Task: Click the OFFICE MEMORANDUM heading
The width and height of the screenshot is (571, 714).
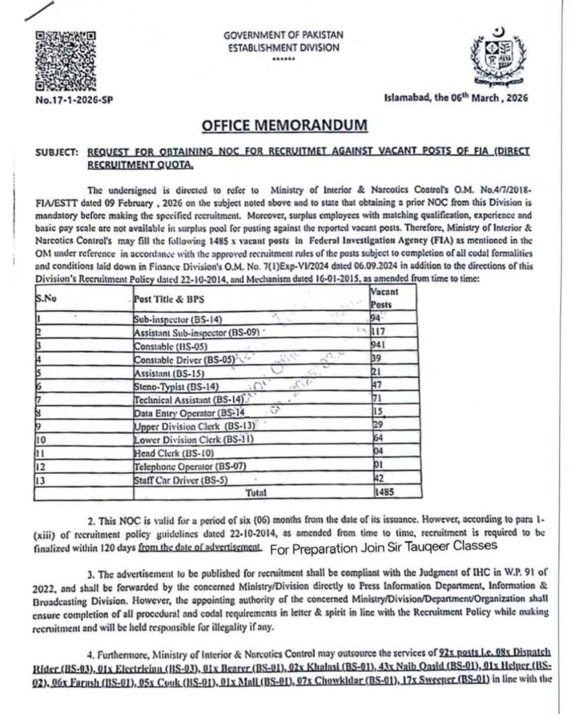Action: (285, 126)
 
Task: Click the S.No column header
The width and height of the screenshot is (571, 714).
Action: (45, 298)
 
